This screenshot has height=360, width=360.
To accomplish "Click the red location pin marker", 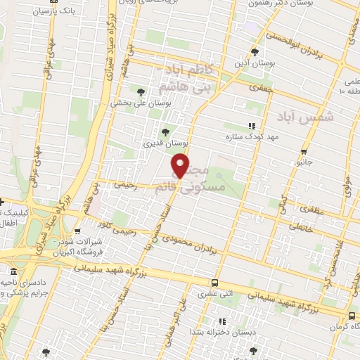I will point(181,167).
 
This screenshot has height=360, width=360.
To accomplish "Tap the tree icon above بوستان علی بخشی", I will point(141,91).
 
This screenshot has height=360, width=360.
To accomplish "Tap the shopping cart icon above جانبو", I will point(303,152).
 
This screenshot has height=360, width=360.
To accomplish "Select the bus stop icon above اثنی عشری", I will point(214,283).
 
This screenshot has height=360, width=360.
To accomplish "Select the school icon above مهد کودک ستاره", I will point(231,127).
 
